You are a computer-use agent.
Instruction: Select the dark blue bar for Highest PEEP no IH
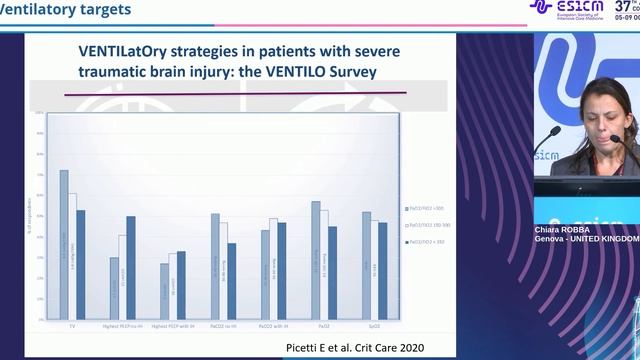pos(130,266)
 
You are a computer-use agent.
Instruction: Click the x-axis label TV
pos(72,325)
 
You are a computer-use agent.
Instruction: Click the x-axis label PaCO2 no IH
pos(223,325)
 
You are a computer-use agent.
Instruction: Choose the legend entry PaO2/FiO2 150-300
pos(427,226)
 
